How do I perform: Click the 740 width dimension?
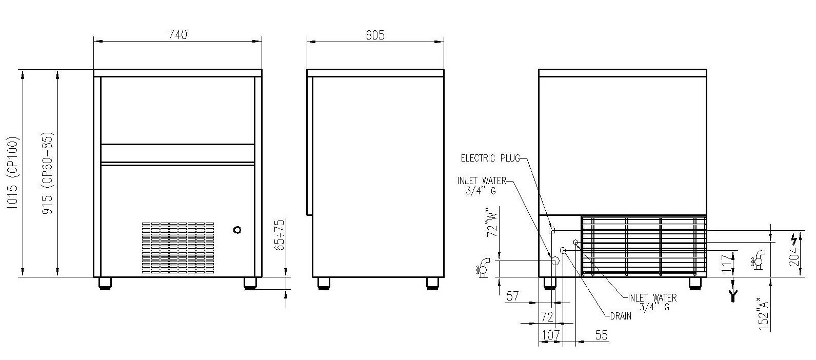178,35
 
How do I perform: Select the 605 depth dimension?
375,35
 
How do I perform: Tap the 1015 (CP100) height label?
12,173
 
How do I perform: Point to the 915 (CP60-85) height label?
48,173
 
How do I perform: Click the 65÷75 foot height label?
280,235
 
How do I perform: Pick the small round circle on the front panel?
237,230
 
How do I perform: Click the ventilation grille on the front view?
178,248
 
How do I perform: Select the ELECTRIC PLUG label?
490,158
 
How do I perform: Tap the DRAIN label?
621,316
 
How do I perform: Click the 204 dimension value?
794,256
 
